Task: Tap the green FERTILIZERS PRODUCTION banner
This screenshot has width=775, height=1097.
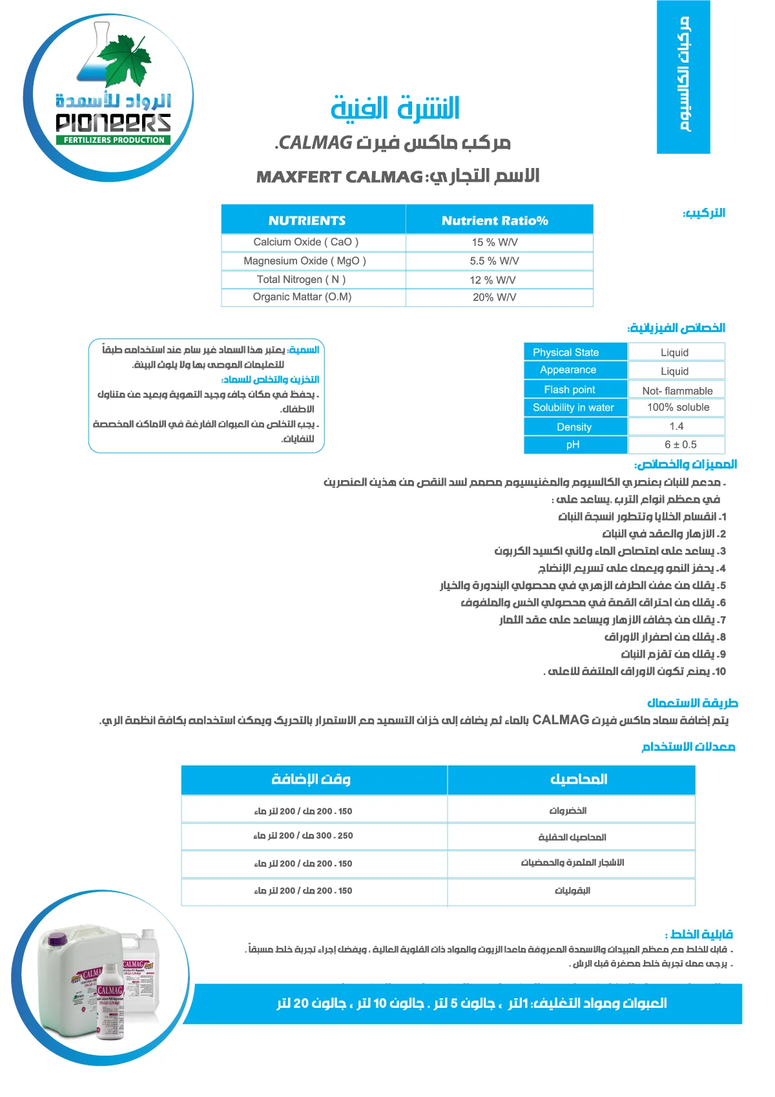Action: coord(114,140)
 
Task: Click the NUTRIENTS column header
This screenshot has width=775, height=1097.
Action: coord(307,220)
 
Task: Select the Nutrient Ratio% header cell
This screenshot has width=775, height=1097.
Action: coord(495,220)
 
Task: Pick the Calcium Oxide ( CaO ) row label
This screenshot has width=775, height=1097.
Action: coord(305,242)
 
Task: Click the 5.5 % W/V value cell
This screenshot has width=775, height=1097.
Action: coord(494,261)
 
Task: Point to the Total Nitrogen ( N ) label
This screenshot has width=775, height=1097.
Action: coord(301,279)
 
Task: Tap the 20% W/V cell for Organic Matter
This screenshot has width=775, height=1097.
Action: coord(494,297)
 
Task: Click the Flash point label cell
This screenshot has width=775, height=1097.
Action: coord(570,390)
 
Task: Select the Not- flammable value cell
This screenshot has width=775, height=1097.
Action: coord(677,391)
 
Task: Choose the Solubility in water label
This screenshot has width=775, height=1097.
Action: coord(573,408)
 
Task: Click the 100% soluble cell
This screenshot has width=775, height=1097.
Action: coord(677,408)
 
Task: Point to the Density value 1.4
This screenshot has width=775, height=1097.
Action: coord(676,426)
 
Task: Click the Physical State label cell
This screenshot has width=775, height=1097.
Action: coord(566,352)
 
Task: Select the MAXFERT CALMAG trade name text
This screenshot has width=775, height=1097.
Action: coord(340,177)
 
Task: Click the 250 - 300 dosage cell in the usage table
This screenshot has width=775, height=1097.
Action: coord(303,835)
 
